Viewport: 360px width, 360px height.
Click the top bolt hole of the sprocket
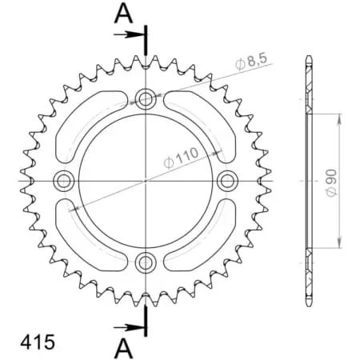(146, 99)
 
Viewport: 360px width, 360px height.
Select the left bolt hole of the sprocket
(65, 179)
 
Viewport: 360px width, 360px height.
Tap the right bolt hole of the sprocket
(226, 179)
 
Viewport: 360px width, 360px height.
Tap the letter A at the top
(122, 13)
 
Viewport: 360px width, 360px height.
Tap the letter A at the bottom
(122, 346)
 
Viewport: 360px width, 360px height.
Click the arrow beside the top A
(130, 35)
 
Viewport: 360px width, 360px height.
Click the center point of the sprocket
(146, 180)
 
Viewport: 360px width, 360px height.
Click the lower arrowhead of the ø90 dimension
(342, 243)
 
